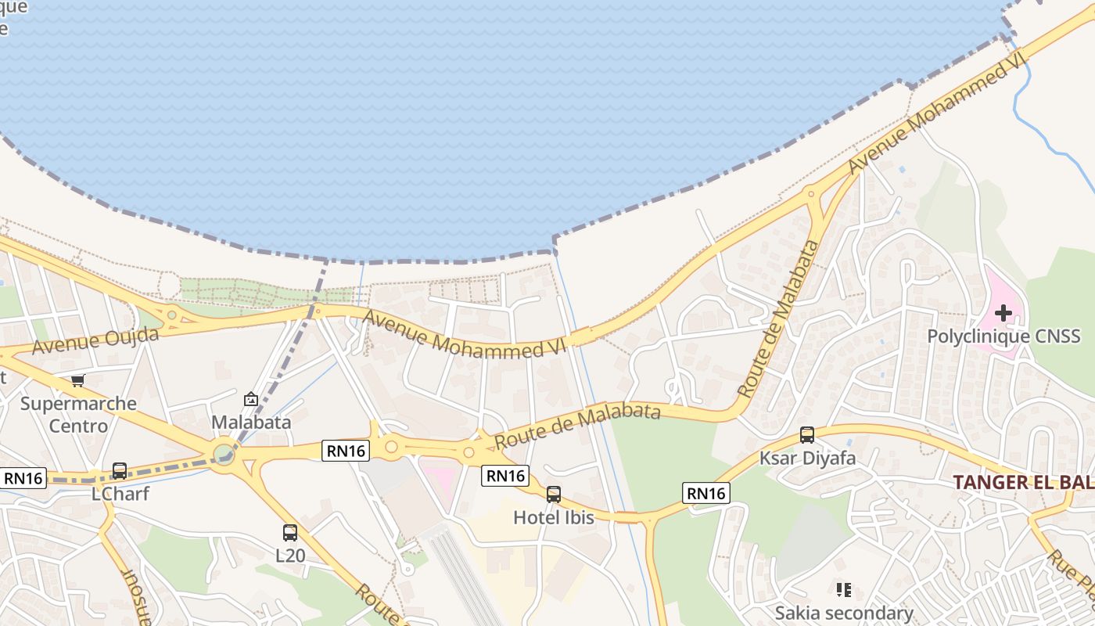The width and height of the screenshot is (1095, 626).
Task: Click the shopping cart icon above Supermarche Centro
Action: [77, 381]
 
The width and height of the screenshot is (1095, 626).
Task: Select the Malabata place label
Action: [252, 423]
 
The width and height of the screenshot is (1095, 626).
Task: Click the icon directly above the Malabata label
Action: [251, 400]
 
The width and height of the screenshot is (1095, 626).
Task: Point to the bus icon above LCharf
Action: [120, 471]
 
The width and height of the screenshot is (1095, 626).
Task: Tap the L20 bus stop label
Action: [289, 555]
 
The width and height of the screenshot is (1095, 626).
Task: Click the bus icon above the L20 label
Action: [290, 533]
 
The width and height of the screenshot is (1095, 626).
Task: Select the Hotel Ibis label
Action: [554, 517]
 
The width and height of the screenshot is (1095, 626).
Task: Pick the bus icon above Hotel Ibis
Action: [554, 495]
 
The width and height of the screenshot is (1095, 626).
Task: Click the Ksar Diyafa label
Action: [808, 458]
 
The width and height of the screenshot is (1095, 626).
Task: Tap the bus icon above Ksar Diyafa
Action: [807, 435]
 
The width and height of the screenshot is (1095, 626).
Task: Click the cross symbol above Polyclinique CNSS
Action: [1003, 314]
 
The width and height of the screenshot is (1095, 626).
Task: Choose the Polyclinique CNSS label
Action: [1003, 336]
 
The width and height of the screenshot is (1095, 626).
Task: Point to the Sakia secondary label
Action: [844, 613]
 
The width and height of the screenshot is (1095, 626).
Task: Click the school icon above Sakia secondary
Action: [843, 589]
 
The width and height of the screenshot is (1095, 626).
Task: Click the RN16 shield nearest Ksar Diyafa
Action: [706, 493]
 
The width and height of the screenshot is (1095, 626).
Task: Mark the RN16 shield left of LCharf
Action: [23, 478]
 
